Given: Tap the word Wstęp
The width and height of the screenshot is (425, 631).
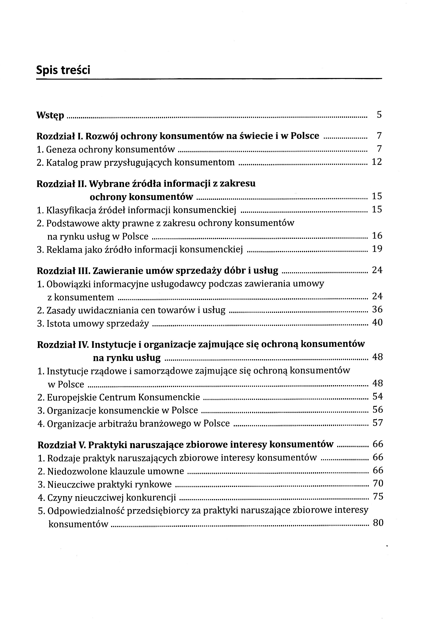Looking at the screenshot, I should point(50,115).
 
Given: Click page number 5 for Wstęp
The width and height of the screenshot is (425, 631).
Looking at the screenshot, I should point(379,115).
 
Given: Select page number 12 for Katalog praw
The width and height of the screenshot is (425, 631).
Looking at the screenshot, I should point(377,162).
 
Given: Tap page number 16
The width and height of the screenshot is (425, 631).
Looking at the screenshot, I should point(377,236).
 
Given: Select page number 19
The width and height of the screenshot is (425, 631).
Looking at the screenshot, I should point(377,249).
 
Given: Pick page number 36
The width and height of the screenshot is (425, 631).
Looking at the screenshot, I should point(377,309).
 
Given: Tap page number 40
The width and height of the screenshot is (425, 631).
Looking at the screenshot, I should point(377,322).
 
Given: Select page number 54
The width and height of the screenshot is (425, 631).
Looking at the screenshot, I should point(378,397).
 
